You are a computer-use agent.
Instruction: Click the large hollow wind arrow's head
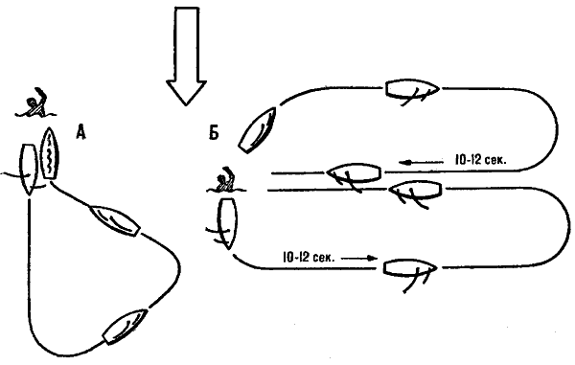pyautogui.click(x=186, y=92)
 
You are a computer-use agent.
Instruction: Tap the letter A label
pyautogui.click(x=81, y=132)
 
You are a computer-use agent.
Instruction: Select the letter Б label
pyautogui.click(x=214, y=132)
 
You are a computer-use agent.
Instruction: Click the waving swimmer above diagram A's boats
pyautogui.click(x=35, y=103)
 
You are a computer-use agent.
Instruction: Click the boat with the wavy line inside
pyautogui.click(x=50, y=154)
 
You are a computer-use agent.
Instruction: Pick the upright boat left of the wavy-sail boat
pyautogui.click(x=29, y=170)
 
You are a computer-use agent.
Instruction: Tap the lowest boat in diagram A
pyautogui.click(x=125, y=327)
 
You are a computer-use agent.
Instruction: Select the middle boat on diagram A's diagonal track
pyautogui.click(x=115, y=220)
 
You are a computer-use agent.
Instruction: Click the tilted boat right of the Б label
pyautogui.click(x=257, y=130)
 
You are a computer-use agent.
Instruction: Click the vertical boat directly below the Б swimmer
pyautogui.click(x=227, y=223)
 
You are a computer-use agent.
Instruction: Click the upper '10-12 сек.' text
pyautogui.click(x=481, y=160)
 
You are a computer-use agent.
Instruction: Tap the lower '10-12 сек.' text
pyautogui.click(x=309, y=257)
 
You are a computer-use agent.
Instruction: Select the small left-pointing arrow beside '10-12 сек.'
pyautogui.click(x=421, y=162)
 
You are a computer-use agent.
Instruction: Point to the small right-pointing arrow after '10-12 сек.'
pyautogui.click(x=359, y=258)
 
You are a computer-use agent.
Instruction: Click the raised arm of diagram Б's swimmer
pyautogui.click(x=230, y=173)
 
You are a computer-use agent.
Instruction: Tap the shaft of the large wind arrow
pyautogui.click(x=187, y=43)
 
